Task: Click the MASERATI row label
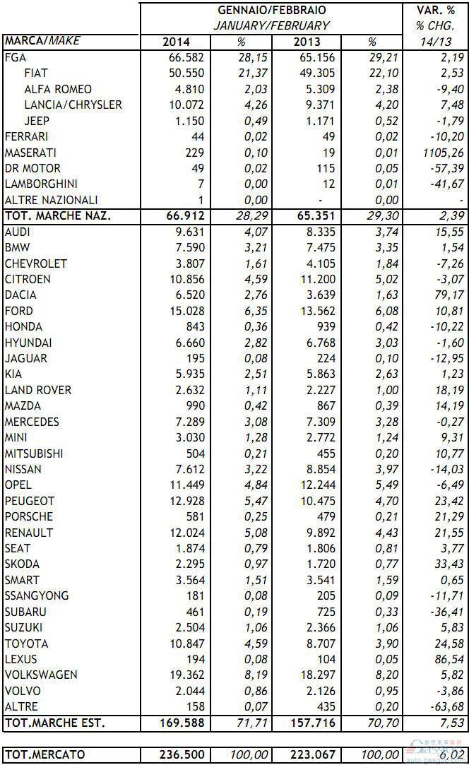click(30, 153)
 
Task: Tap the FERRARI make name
click(26, 136)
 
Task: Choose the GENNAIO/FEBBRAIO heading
click(273, 11)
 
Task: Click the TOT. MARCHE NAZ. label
click(57, 216)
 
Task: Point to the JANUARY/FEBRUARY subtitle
click(273, 25)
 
